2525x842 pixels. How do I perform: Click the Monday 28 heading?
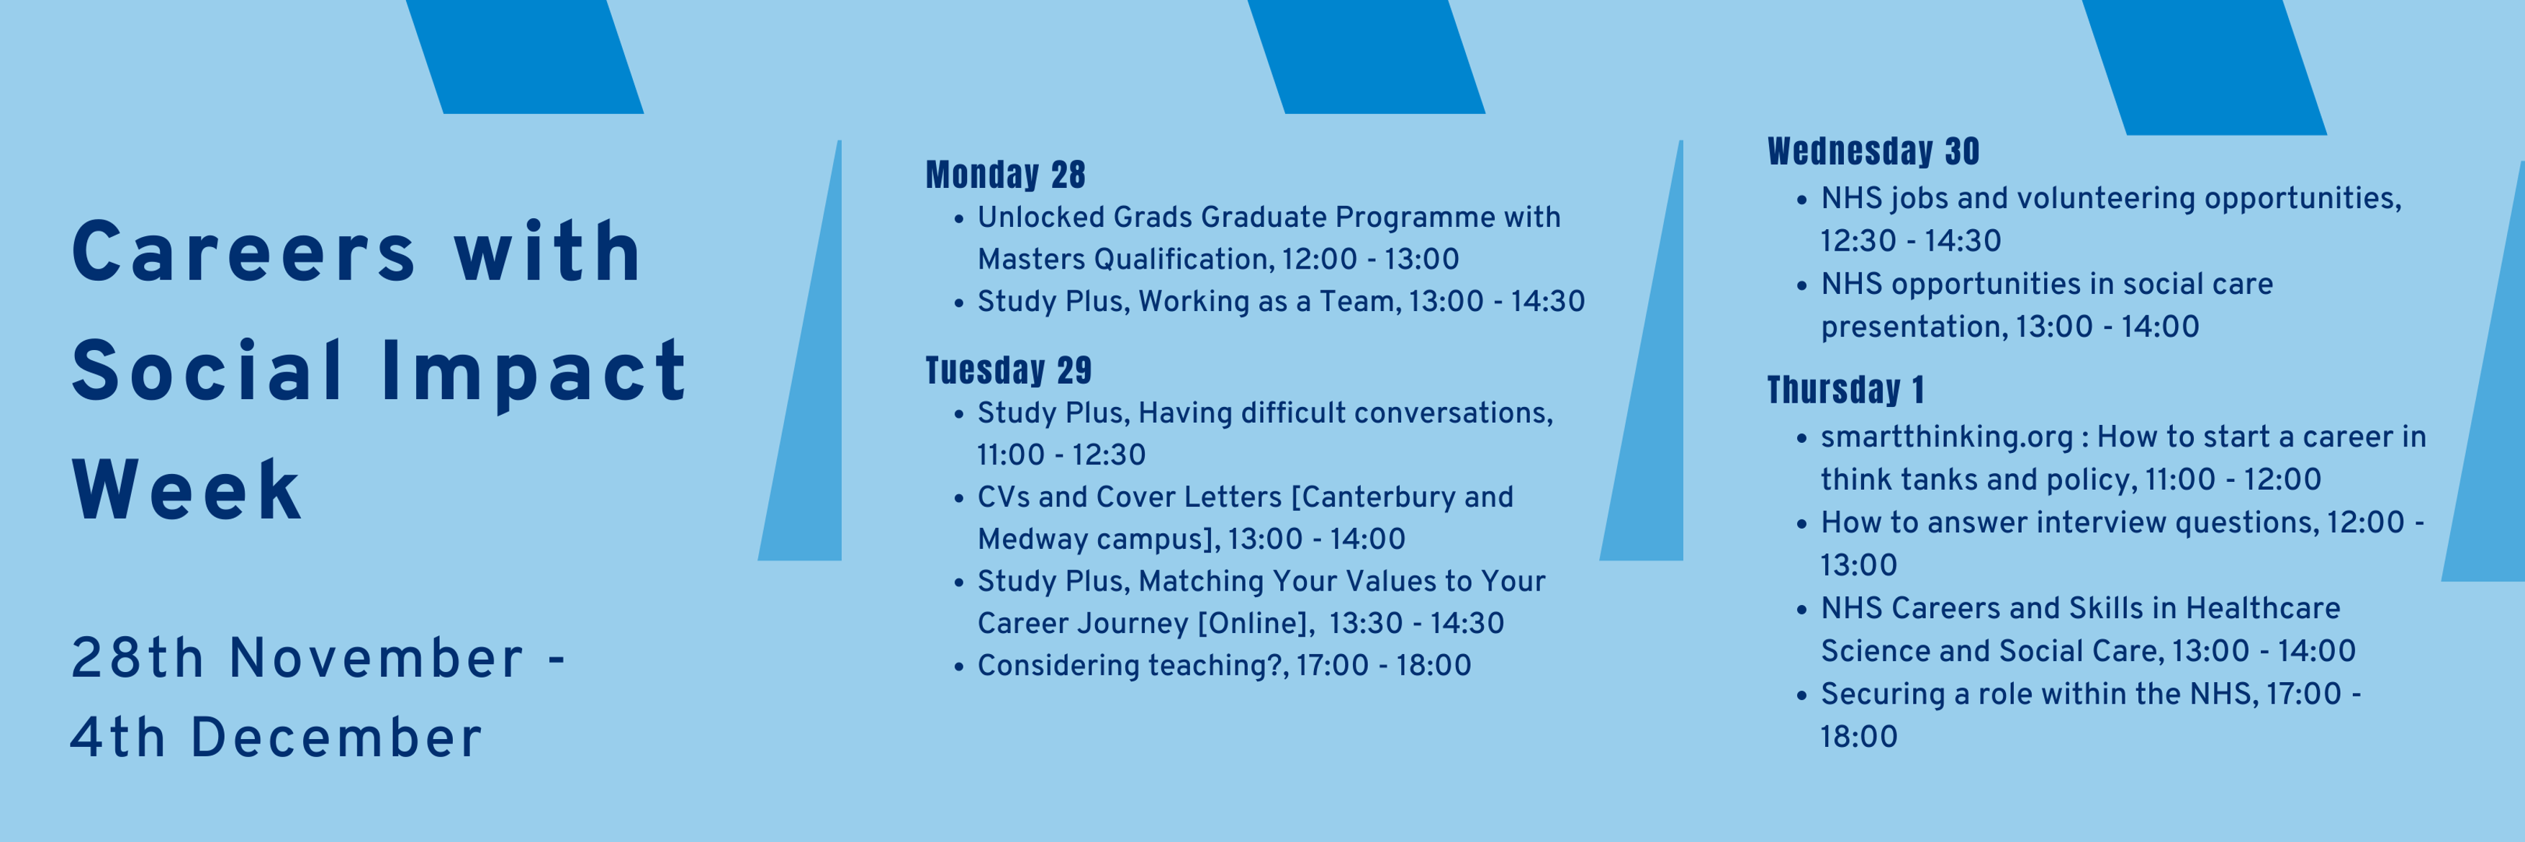[x=1006, y=174]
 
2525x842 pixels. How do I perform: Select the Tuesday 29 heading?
[x=1009, y=370]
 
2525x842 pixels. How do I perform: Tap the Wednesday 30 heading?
[x=1873, y=152]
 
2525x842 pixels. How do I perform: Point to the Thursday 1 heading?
[x=1846, y=390]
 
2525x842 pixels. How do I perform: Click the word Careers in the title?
[x=244, y=253]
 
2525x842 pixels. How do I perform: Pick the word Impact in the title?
[x=534, y=372]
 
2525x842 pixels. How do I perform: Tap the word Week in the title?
[x=186, y=490]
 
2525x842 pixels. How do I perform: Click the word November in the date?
[x=377, y=658]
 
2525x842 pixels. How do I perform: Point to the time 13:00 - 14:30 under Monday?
[x=1497, y=301]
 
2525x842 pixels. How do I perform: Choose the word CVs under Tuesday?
[x=1004, y=497]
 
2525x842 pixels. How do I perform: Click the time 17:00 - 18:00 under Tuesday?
[x=1383, y=666]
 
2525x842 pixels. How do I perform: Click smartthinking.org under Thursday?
[x=1945, y=437]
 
